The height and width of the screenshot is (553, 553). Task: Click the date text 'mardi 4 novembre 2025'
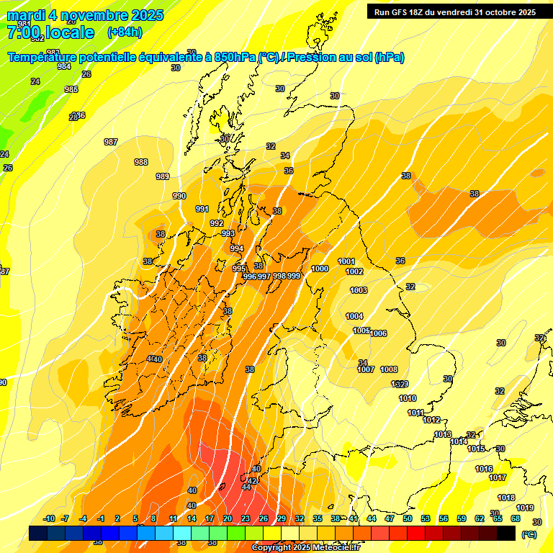click(85, 15)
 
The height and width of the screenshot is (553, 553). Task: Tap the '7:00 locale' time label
click(50, 32)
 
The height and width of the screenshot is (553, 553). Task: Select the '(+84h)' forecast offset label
click(125, 32)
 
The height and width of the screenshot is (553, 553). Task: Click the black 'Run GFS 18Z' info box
click(454, 12)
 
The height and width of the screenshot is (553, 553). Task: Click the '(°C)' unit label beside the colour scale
click(529, 534)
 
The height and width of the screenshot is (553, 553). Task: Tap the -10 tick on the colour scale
click(50, 519)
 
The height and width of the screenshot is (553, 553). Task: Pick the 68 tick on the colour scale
click(516, 519)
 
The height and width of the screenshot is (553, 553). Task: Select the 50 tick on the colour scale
click(408, 519)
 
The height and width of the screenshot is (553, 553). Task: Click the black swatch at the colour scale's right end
click(506, 533)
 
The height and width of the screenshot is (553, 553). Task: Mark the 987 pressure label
click(111, 142)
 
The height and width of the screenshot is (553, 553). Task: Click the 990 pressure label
click(179, 196)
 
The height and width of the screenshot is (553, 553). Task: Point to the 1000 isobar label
click(320, 269)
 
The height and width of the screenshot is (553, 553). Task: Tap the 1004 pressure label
click(354, 316)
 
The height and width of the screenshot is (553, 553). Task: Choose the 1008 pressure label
click(389, 369)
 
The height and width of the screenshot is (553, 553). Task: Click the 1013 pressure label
click(443, 434)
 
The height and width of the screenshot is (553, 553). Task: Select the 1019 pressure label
click(525, 508)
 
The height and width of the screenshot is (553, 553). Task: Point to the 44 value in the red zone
click(246, 487)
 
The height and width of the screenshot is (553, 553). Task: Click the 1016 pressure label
click(484, 469)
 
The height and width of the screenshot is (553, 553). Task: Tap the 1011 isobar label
click(415, 413)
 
